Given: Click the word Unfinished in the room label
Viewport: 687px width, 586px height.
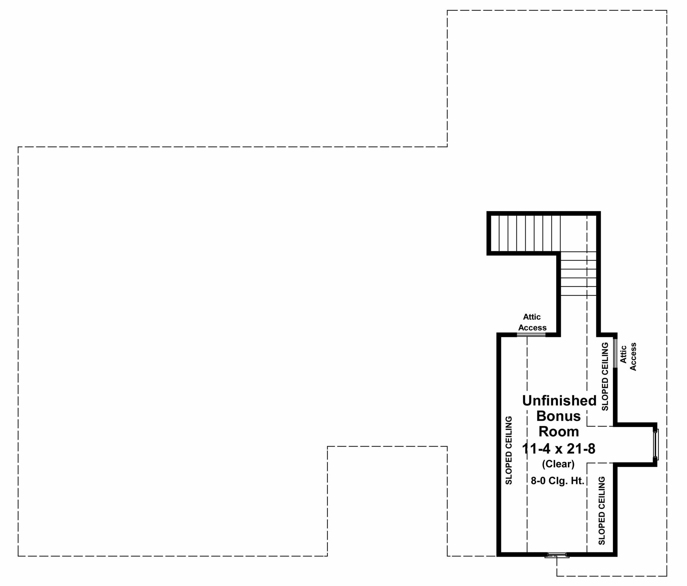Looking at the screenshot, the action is (x=560, y=400).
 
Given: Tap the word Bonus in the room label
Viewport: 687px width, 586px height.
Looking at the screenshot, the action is (x=559, y=416).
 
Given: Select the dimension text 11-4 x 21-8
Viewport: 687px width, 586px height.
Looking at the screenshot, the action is (x=559, y=448).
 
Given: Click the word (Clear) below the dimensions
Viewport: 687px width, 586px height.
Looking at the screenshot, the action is (x=559, y=464).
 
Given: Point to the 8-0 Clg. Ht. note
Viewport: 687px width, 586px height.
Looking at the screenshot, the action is (x=558, y=481).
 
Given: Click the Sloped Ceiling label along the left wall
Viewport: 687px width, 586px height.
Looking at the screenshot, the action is (x=509, y=450).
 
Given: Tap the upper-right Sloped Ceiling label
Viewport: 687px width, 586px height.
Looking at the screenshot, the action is (x=605, y=376).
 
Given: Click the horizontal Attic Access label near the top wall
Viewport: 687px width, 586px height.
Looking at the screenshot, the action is (x=532, y=322).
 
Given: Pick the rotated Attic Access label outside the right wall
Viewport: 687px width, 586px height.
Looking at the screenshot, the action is (x=628, y=356).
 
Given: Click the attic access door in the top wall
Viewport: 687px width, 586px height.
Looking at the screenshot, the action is (x=532, y=335).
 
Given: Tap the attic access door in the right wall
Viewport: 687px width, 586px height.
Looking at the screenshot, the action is (x=615, y=353).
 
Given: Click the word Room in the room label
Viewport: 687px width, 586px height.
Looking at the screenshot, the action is (x=559, y=431).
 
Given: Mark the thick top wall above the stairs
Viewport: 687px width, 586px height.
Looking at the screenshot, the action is (x=543, y=213).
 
